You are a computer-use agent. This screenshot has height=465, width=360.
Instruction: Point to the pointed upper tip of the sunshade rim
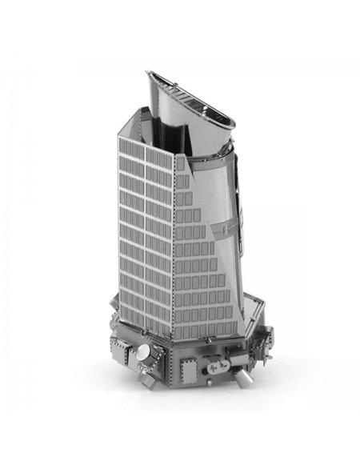[149, 74]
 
